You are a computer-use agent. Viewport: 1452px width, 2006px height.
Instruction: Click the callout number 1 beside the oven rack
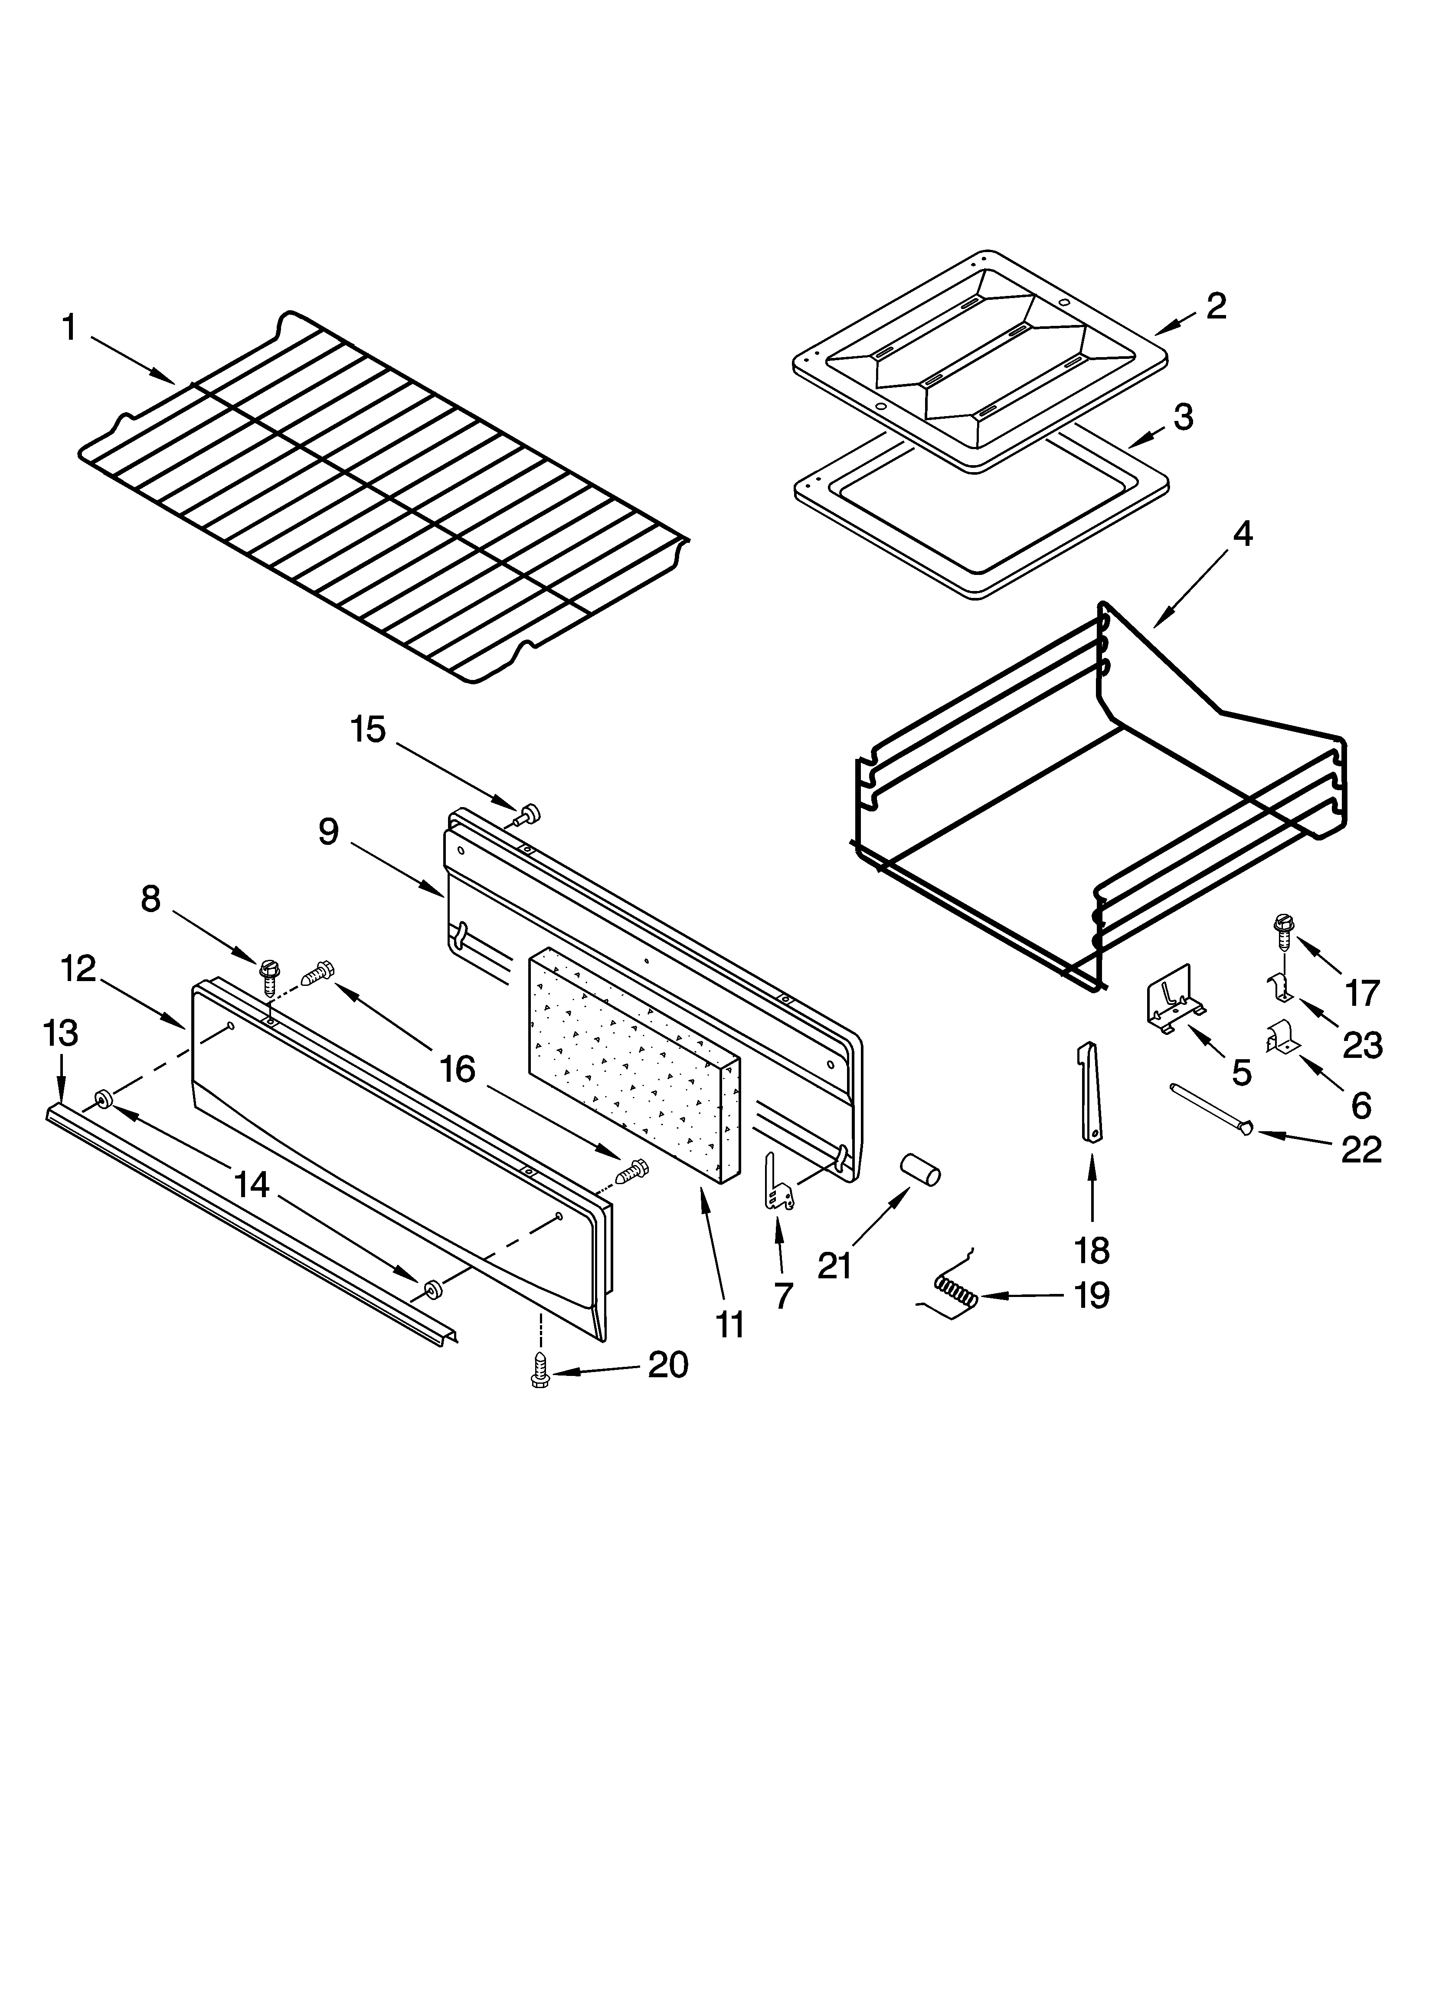tap(69, 328)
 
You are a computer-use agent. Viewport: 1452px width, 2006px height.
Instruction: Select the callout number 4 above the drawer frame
tap(1243, 534)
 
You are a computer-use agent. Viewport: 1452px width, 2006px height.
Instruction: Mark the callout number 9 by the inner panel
tap(328, 831)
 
